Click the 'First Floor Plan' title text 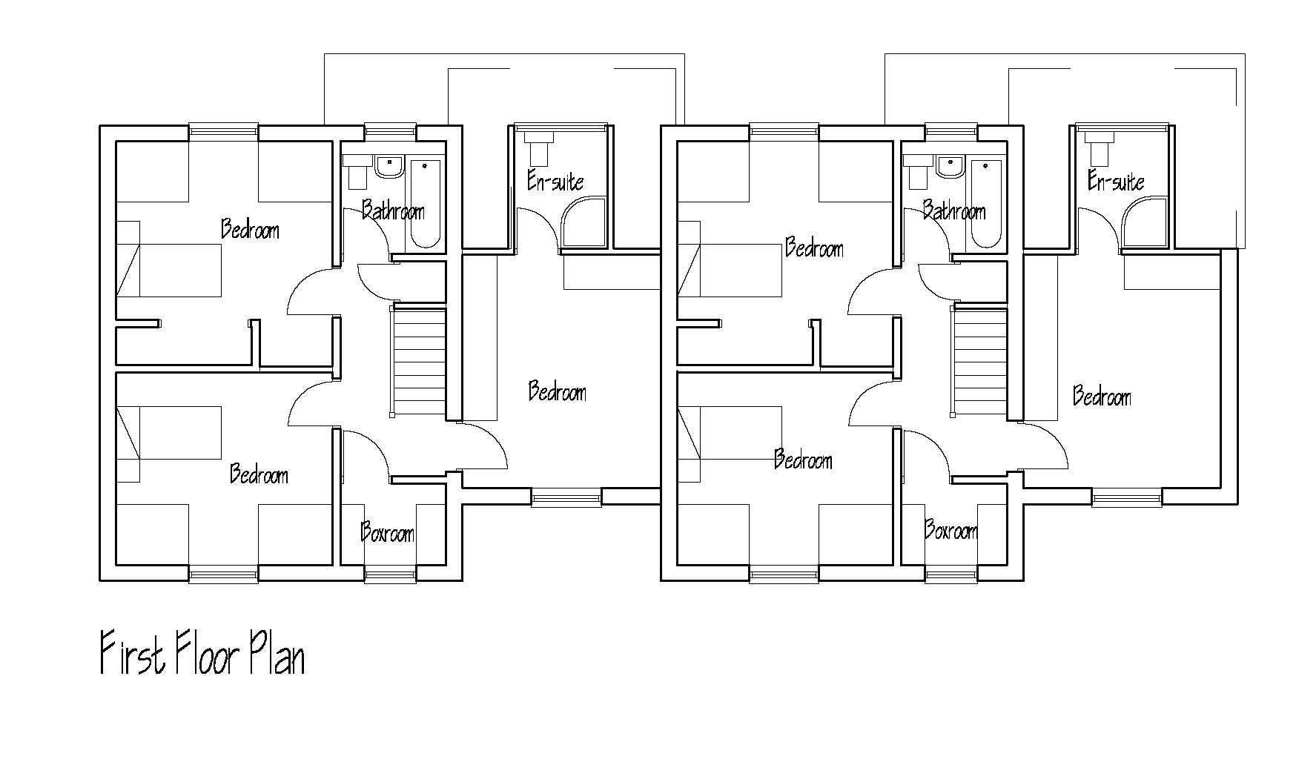coord(202,652)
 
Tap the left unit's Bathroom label coord(393,211)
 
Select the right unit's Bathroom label coord(954,211)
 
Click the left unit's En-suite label coord(555,181)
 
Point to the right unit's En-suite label coord(1116,181)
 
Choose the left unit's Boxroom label coord(387,531)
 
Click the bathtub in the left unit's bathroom coord(426,203)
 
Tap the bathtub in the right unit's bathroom coord(987,203)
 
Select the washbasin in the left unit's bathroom coord(388,166)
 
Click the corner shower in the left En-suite coord(583,224)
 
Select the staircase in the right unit coord(979,362)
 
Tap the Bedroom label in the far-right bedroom coord(1102,397)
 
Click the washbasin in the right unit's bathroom coord(949,166)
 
